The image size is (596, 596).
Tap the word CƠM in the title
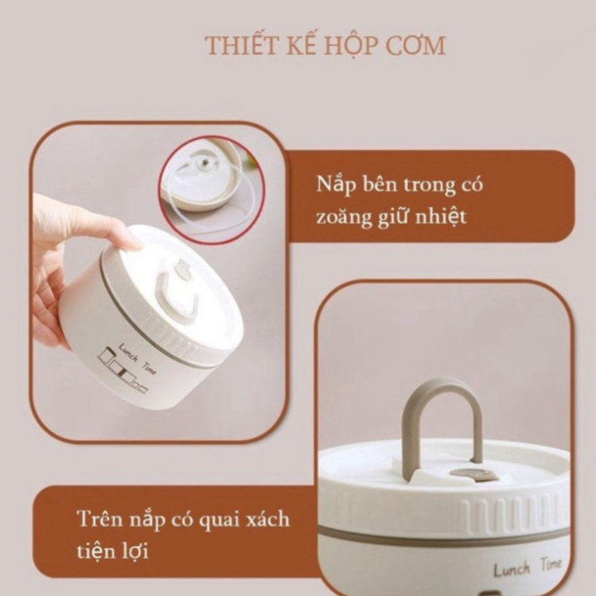click(415, 45)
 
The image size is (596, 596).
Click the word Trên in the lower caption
click(102, 519)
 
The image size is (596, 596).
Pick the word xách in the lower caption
click(267, 519)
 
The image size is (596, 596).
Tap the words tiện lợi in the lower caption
click(112, 551)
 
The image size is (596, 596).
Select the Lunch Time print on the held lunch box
click(137, 358)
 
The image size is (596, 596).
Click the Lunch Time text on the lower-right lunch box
click(528, 567)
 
